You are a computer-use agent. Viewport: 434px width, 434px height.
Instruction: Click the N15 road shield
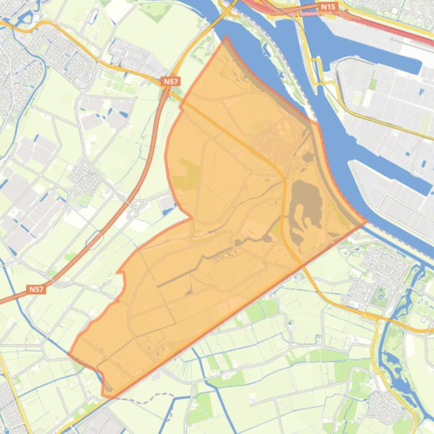click(x=327, y=7)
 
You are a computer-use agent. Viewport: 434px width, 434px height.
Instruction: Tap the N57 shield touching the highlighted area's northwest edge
click(x=170, y=81)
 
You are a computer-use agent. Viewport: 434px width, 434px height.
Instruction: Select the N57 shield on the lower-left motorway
click(x=36, y=289)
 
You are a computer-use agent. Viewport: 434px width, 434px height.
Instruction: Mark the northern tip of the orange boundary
click(x=226, y=38)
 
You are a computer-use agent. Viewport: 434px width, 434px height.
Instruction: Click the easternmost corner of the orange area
click(x=365, y=222)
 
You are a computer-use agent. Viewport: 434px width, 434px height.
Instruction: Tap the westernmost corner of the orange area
click(x=69, y=355)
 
